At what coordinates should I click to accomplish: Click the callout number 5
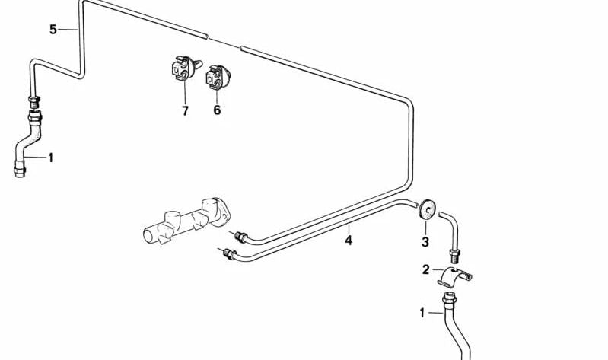coord(53,30)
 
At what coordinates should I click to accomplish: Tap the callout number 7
coord(185,111)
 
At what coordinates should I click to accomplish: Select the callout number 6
coord(217,110)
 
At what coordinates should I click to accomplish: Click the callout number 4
coord(349,241)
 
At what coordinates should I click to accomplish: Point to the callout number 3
coord(425,242)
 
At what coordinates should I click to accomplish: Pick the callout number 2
coord(426,269)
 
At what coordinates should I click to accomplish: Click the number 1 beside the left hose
coord(50,158)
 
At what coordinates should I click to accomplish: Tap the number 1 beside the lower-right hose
coord(422,313)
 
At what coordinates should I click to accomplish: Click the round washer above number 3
coord(427,209)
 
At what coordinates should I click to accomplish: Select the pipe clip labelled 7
coord(185,68)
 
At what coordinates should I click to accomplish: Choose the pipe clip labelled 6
coord(218,77)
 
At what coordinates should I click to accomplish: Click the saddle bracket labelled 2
coord(454,277)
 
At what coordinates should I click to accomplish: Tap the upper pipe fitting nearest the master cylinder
coord(240,236)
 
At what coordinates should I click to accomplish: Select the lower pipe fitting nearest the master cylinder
coord(229,253)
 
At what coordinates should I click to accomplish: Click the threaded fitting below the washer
coord(455,256)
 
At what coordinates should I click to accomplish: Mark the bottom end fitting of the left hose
coord(19,170)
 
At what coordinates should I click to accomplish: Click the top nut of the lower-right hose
coord(449,299)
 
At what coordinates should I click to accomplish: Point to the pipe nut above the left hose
coord(34,102)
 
